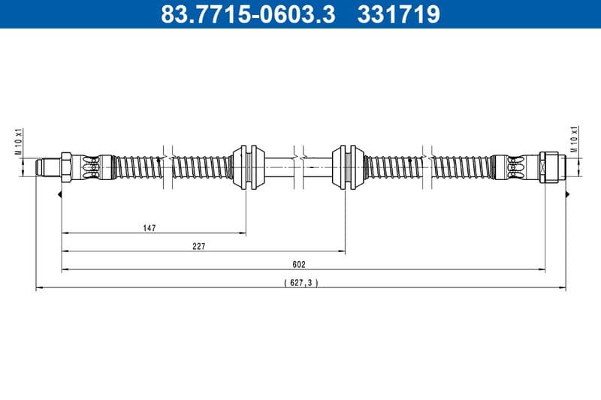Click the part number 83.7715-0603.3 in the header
pyautogui.click(x=249, y=14)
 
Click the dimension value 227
pyautogui.click(x=198, y=246)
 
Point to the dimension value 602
pyautogui.click(x=300, y=264)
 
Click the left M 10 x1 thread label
pyautogui.click(x=19, y=140)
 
